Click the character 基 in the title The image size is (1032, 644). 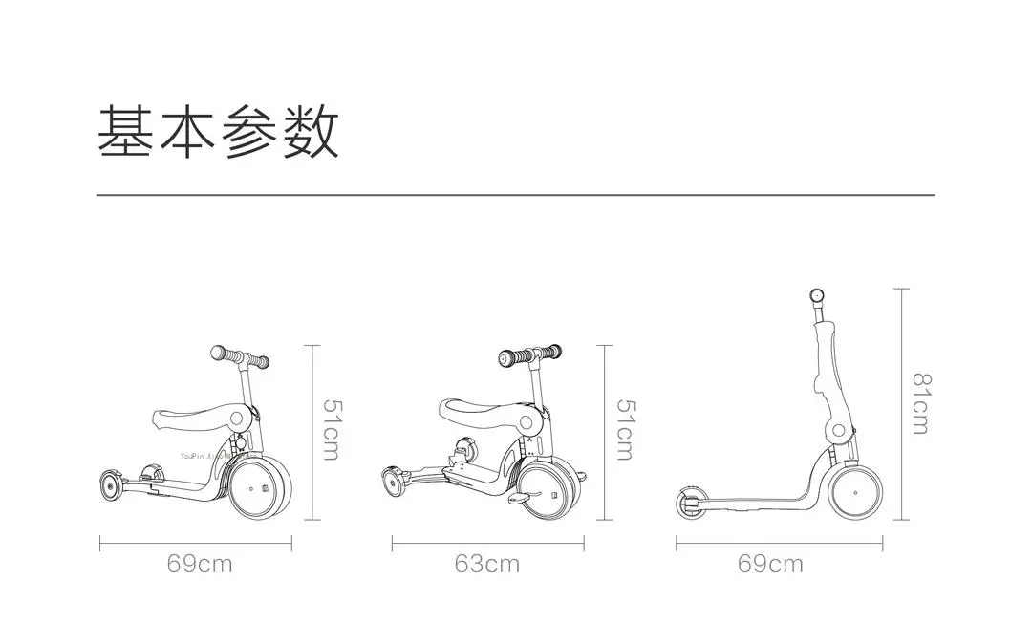pyautogui.click(x=127, y=132)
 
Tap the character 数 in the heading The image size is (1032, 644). pyautogui.click(x=310, y=132)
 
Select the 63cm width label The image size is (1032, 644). pyautogui.click(x=487, y=564)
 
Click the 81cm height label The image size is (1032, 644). pyautogui.click(x=919, y=403)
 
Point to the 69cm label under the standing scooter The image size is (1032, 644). pyautogui.click(x=770, y=564)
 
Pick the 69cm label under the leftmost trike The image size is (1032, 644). pyautogui.click(x=200, y=564)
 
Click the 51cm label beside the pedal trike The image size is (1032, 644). pyautogui.click(x=624, y=430)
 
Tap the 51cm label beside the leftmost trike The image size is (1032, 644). pyautogui.click(x=330, y=430)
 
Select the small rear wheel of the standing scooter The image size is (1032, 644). pyautogui.click(x=691, y=506)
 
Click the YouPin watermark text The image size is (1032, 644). pyautogui.click(x=205, y=457)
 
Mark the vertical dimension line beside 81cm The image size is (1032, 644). pyautogui.click(x=902, y=403)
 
